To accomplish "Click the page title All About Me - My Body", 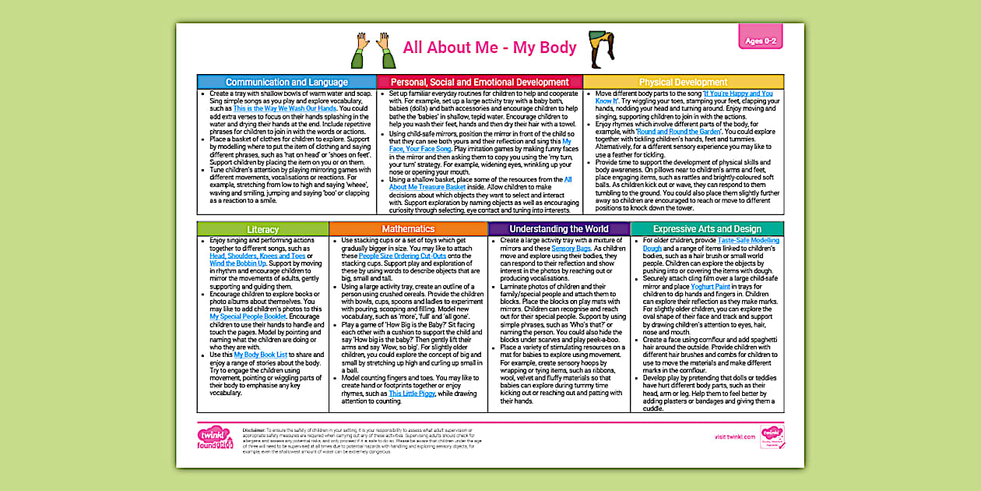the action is [x=490, y=48].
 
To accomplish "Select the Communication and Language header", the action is [x=287, y=82].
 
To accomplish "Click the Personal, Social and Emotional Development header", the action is [x=480, y=82].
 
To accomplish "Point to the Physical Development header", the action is [x=683, y=82].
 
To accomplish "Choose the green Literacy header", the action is [x=262, y=229].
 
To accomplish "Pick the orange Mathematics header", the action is [x=408, y=229].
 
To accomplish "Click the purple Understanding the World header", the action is [x=559, y=229].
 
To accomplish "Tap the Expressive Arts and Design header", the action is [x=707, y=229].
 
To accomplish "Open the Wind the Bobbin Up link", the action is [x=238, y=263].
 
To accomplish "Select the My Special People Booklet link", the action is [x=253, y=317].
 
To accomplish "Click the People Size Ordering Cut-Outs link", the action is [x=405, y=256].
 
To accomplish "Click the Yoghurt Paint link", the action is [x=711, y=287].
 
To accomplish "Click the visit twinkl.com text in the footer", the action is [x=736, y=437].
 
